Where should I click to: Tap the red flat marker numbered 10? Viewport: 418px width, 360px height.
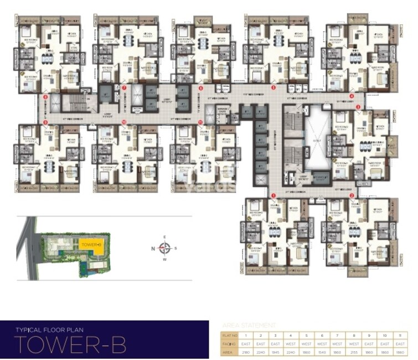(x=125, y=121)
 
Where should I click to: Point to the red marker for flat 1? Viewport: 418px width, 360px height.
(x=273, y=195)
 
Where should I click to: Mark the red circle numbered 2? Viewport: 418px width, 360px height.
(x=352, y=195)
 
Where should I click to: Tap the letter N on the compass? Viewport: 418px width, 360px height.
(x=153, y=248)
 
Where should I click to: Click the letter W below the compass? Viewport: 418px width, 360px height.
(x=164, y=259)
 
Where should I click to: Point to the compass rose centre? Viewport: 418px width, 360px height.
(x=164, y=248)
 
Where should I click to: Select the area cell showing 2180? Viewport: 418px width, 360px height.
(x=245, y=352)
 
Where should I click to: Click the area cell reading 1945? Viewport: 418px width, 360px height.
(x=276, y=352)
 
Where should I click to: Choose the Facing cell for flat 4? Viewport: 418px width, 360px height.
(x=291, y=343)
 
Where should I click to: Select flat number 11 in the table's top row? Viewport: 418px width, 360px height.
(x=399, y=335)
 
